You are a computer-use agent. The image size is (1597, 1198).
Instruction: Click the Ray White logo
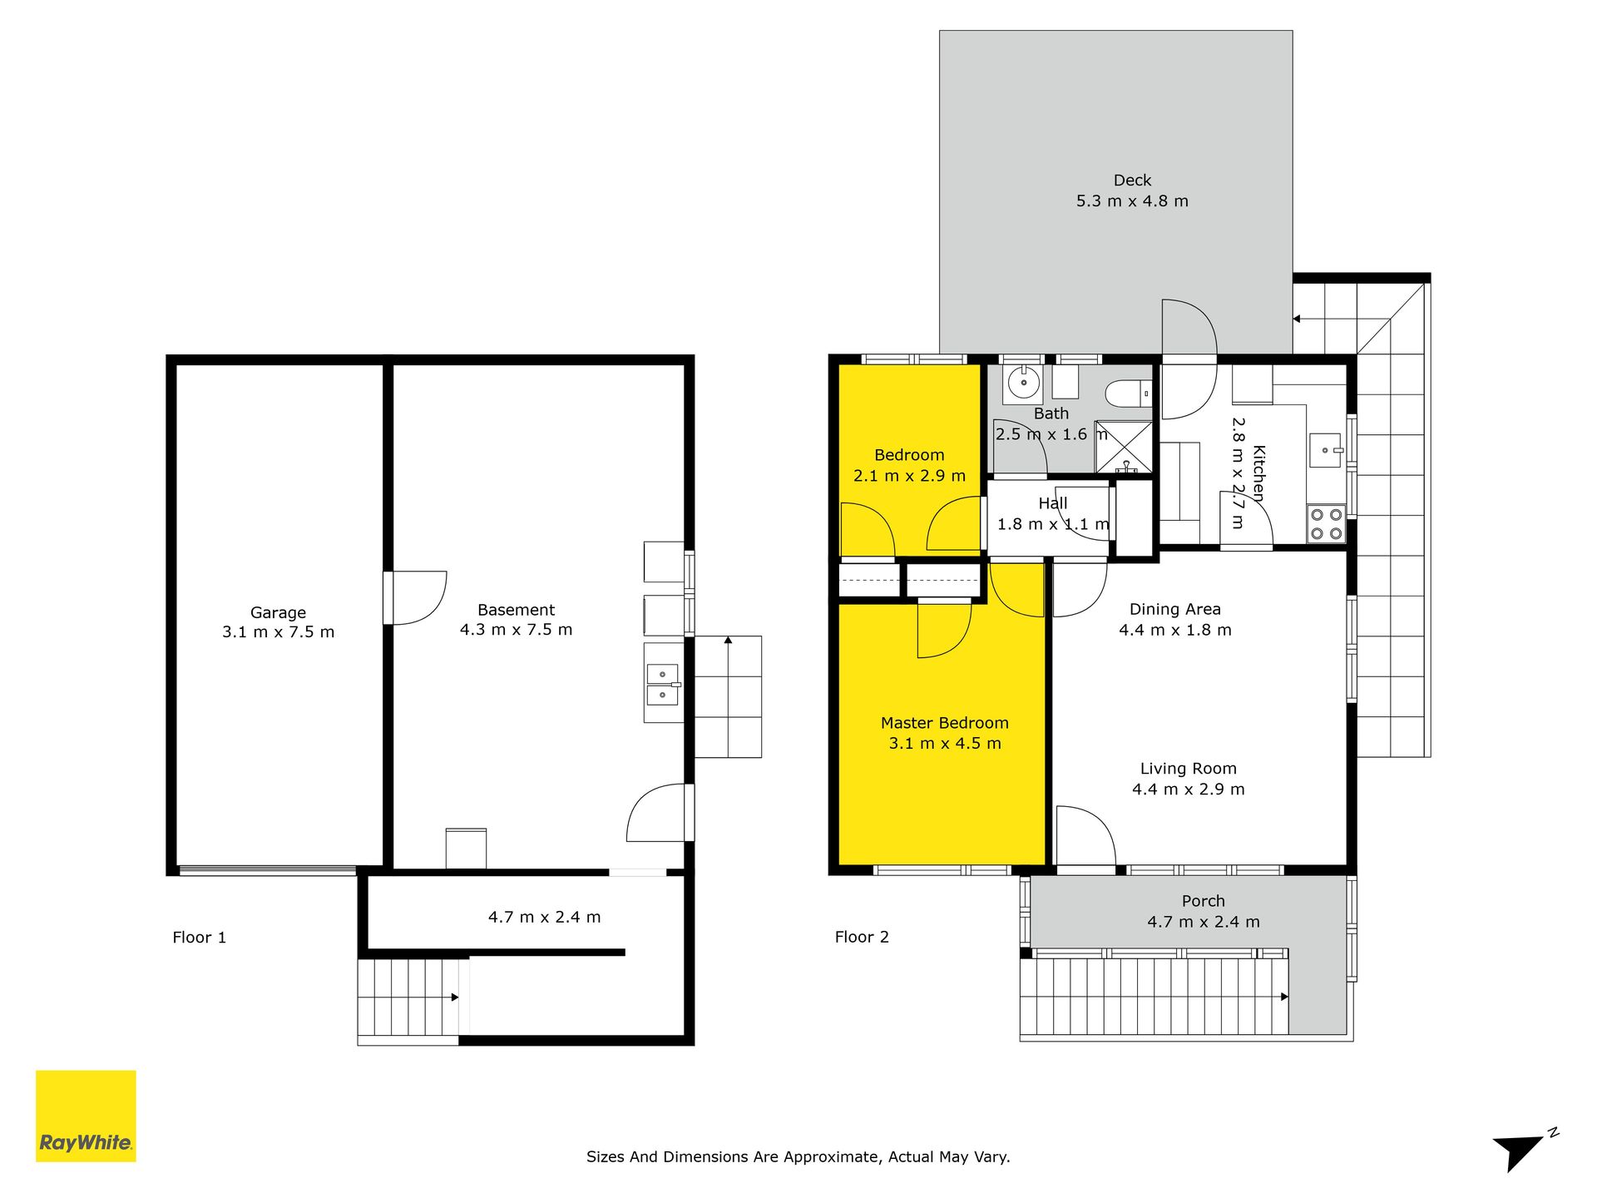[86, 1116]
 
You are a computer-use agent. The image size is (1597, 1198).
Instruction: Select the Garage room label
[278, 612]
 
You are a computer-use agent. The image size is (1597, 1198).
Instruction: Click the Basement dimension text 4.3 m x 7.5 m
[516, 630]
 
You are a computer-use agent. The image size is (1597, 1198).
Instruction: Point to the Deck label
[1132, 180]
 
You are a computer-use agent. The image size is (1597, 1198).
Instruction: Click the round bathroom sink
[1024, 383]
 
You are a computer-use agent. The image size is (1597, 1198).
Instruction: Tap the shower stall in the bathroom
[1124, 448]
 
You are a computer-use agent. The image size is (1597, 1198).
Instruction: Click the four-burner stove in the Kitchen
[1326, 524]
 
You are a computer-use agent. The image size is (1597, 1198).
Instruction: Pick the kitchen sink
[1327, 450]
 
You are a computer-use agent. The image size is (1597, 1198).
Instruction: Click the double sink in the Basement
[663, 684]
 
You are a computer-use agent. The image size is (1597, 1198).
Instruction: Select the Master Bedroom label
[945, 723]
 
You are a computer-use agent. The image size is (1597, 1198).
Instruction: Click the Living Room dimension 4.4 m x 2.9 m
[1189, 790]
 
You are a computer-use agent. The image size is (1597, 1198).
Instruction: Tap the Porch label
[1204, 901]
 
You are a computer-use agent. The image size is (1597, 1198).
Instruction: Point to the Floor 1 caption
[199, 938]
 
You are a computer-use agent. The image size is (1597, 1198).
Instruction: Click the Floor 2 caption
[862, 937]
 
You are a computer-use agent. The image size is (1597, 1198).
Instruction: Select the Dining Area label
[1175, 609]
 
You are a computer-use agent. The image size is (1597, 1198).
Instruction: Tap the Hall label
[1053, 503]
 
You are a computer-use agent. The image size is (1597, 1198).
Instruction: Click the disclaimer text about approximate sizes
[798, 1156]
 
